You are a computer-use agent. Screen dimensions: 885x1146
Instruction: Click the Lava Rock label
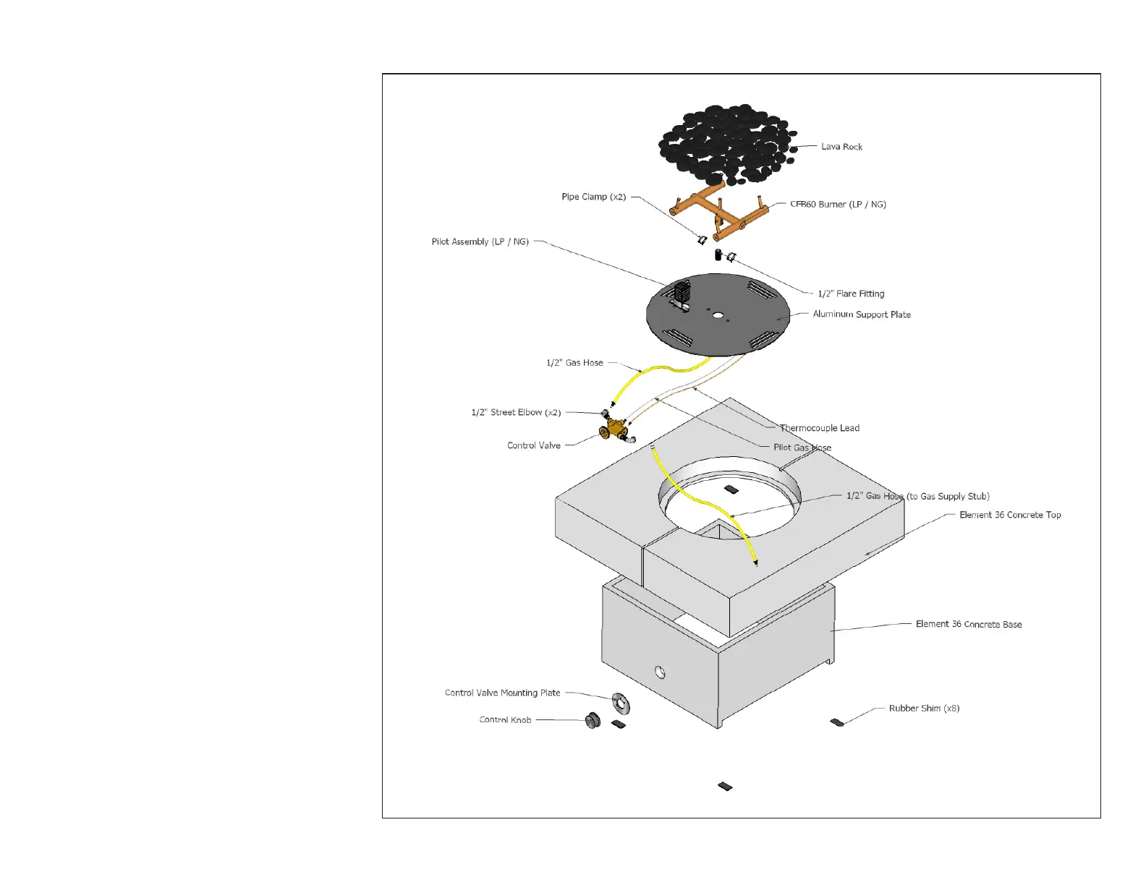point(841,147)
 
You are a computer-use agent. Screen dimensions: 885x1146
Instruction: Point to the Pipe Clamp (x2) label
point(593,197)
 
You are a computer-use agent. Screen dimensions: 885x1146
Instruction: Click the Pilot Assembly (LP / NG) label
point(480,241)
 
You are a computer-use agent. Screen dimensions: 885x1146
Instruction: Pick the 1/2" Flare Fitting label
point(851,294)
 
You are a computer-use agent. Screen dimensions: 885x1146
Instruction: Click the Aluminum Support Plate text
point(862,315)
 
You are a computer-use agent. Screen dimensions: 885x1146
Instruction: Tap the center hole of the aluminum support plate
point(718,315)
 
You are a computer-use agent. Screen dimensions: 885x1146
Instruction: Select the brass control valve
point(616,429)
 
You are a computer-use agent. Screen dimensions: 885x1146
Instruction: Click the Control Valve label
point(534,445)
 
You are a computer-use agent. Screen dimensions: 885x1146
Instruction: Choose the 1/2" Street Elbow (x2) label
point(516,412)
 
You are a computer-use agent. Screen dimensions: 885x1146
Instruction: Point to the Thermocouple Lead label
point(820,428)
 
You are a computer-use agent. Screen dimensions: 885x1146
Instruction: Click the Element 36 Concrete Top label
point(1010,515)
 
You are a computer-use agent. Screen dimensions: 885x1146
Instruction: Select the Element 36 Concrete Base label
point(969,624)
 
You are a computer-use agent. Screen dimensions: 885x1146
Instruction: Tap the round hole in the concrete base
point(660,672)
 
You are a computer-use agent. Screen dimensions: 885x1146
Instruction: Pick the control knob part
point(593,720)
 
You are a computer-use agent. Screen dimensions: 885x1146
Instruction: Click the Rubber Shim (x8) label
point(924,709)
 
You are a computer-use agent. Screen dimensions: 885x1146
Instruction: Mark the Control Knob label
point(505,720)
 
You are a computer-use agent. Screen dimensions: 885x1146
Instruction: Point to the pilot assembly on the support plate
point(682,295)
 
